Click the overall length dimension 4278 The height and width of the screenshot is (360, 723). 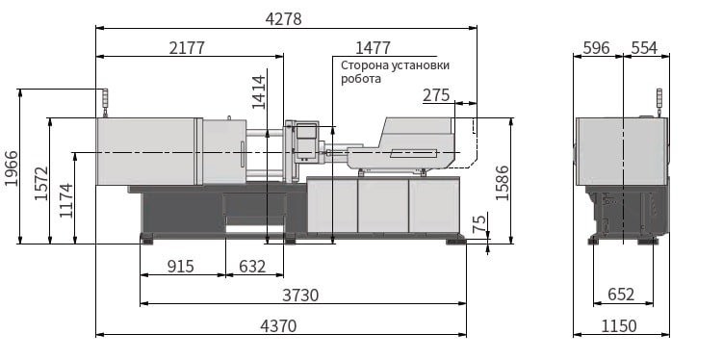(284, 19)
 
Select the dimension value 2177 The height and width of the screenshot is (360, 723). (187, 48)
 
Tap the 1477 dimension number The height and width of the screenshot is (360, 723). (373, 48)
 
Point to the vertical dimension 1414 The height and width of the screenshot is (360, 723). (259, 92)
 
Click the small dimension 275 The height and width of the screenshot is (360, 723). (436, 95)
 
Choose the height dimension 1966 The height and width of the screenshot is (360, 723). (12, 168)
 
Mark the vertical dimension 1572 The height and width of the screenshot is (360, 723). (41, 183)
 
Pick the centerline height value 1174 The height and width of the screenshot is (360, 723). (66, 200)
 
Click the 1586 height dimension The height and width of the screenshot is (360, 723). (503, 183)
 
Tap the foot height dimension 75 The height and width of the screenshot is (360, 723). (480, 223)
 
